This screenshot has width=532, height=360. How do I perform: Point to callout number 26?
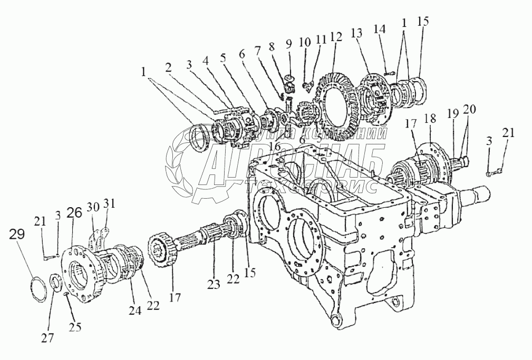[74, 213]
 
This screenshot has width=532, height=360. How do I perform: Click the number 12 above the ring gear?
[336, 38]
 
